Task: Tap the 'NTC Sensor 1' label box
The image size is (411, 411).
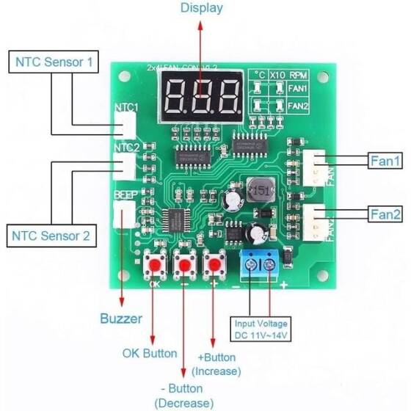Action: [54, 62]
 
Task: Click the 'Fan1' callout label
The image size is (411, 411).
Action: [385, 159]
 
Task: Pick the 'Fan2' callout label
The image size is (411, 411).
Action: [385, 214]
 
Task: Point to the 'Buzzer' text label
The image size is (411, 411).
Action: [121, 319]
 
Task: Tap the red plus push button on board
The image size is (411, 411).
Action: [214, 263]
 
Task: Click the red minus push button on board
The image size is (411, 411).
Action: [184, 263]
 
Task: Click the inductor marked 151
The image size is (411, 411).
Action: [261, 192]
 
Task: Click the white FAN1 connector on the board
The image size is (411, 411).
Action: [316, 167]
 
